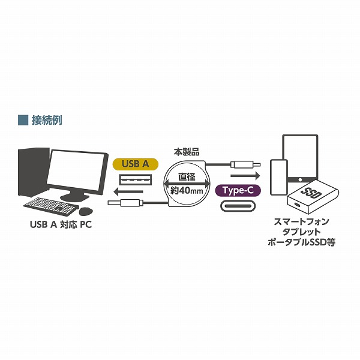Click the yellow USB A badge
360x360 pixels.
point(135,163)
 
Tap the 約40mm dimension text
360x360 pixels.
point(187,191)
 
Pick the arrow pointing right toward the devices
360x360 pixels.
point(244,176)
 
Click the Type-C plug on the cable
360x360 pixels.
point(247,164)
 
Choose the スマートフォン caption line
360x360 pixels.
point(301,222)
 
